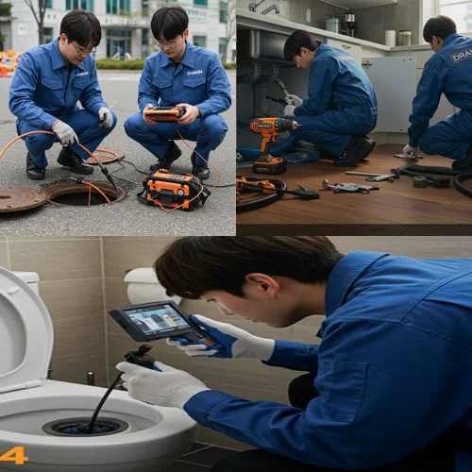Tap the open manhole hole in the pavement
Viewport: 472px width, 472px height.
click(x=85, y=193)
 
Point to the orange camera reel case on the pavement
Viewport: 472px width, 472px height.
click(x=175, y=188)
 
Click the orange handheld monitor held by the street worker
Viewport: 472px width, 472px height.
click(x=165, y=113)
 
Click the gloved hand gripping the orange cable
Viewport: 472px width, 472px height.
click(x=64, y=133)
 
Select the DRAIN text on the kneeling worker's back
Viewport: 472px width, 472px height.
click(x=461, y=55)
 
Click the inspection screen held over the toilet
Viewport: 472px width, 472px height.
click(x=154, y=320)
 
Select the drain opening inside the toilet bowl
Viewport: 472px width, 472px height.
click(x=85, y=427)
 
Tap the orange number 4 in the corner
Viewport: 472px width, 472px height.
click(x=13, y=455)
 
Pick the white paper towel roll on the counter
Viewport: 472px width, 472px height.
click(x=390, y=38)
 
